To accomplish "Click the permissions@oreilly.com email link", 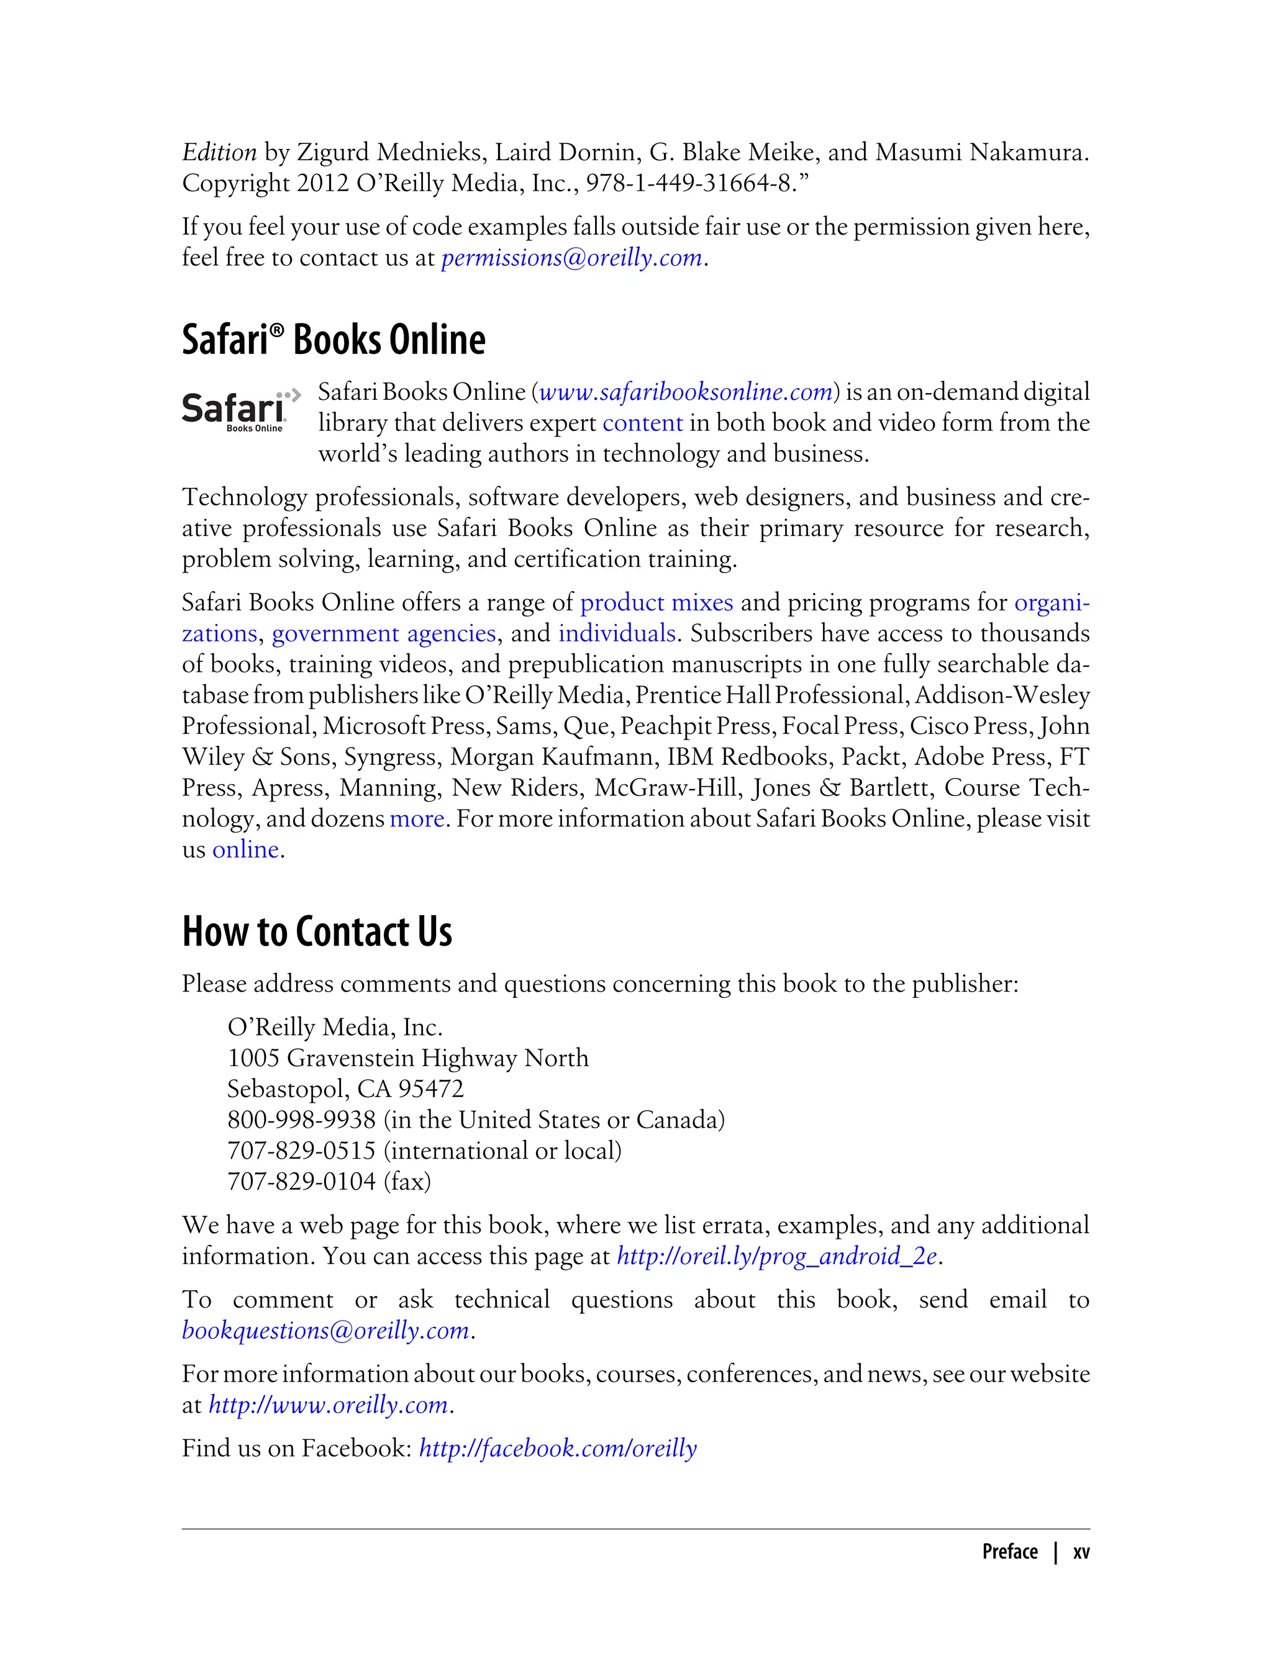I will pyautogui.click(x=571, y=258).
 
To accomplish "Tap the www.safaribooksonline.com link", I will pyautogui.click(x=686, y=392).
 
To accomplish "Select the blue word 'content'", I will pyautogui.click(x=642, y=423).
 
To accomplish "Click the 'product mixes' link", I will pyautogui.click(x=656, y=602).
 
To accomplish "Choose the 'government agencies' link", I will pyautogui.click(x=384, y=633).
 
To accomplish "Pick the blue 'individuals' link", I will pyautogui.click(x=617, y=633).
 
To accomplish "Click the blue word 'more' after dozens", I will pyautogui.click(x=416, y=819).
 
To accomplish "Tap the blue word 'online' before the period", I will pyautogui.click(x=245, y=850).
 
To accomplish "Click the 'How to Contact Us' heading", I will pyautogui.click(x=317, y=932).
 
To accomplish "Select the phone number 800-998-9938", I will pyautogui.click(x=301, y=1119).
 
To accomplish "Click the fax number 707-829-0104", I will pyautogui.click(x=301, y=1182).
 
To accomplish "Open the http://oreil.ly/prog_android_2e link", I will pyautogui.click(x=777, y=1257).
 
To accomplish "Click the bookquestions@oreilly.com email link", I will pyautogui.click(x=325, y=1331).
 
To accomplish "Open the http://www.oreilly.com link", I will pyautogui.click(x=329, y=1405).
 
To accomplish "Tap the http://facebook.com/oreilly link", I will pyautogui.click(x=557, y=1449).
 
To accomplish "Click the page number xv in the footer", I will pyautogui.click(x=1081, y=1552).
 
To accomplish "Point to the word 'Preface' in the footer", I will pyautogui.click(x=1009, y=1552).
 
